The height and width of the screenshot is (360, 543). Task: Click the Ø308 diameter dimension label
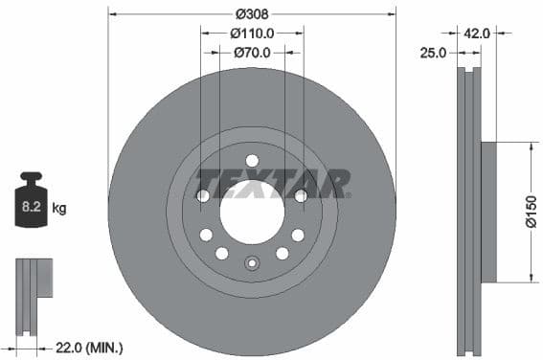(x=252, y=13)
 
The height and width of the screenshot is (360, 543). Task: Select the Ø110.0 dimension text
(x=253, y=33)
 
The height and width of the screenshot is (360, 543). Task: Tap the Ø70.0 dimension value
(x=253, y=53)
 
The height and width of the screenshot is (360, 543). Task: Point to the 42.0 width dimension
(x=477, y=33)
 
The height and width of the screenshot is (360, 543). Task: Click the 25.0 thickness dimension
(x=433, y=53)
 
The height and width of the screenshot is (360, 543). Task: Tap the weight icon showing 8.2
(x=31, y=202)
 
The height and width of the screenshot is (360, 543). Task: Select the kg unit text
(x=59, y=207)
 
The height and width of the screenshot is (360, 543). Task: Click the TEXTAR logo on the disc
(x=272, y=183)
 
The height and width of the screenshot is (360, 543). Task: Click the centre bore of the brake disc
(x=252, y=212)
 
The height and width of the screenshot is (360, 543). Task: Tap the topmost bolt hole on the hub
(x=252, y=161)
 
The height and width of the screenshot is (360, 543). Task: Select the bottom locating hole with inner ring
(x=252, y=264)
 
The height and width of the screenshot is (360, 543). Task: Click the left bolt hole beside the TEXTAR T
(x=203, y=196)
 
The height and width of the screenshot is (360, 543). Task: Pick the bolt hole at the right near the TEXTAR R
(x=301, y=196)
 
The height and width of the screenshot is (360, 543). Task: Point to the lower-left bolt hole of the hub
(x=222, y=254)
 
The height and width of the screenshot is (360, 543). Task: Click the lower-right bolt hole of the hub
(x=283, y=254)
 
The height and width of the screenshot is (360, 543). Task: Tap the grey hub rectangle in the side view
(x=487, y=213)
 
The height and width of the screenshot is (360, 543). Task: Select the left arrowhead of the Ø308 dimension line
(x=111, y=13)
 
